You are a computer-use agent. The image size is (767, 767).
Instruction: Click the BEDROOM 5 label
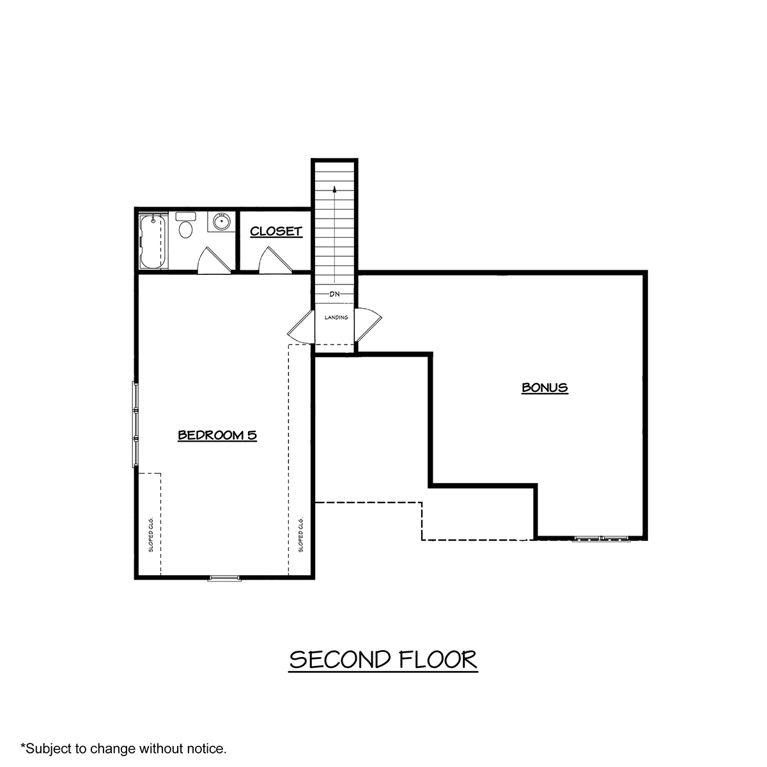[x=217, y=435]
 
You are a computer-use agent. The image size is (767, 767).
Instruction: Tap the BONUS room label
[x=545, y=387]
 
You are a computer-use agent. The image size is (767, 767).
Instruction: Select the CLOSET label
[x=276, y=231]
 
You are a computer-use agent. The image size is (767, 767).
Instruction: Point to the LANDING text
[x=336, y=317]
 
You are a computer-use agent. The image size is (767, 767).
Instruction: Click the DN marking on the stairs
[x=335, y=294]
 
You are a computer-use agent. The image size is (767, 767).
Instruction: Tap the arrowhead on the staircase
[x=335, y=189]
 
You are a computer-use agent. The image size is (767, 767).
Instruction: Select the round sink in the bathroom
[x=221, y=221]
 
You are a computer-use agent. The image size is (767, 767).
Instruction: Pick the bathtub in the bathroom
[x=153, y=242]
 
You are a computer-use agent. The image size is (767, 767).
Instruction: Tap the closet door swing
[x=275, y=260]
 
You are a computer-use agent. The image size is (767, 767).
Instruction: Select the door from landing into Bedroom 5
[x=301, y=327]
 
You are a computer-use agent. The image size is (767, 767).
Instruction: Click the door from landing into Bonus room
[x=368, y=325]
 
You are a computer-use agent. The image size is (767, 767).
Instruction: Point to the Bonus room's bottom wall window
[x=601, y=539]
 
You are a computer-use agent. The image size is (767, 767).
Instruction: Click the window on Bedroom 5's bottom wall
[x=224, y=578]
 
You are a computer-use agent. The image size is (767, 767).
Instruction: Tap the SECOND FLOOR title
[x=383, y=660]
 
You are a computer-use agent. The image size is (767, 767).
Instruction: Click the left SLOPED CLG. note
[x=151, y=534]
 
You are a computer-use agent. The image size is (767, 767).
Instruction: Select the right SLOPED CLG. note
[x=300, y=534]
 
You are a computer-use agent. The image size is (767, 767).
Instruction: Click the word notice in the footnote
[x=207, y=748]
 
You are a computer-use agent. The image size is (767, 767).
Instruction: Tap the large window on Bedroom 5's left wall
[x=136, y=424]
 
